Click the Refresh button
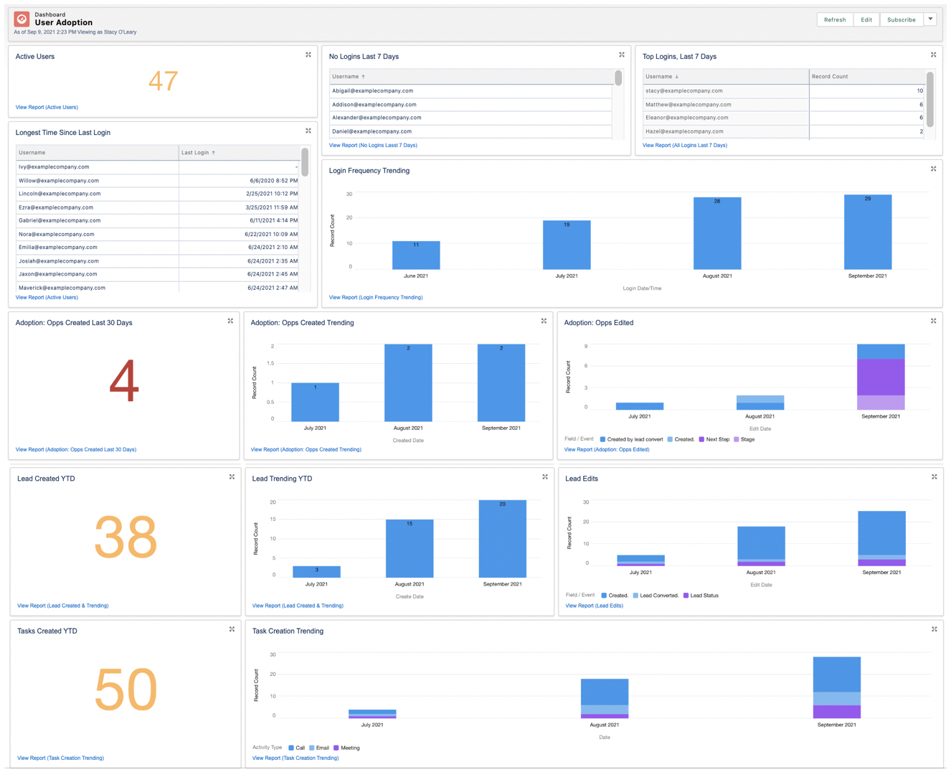834,19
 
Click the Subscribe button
901,19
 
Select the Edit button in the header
866,19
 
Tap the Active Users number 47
163,81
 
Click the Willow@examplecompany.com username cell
59,180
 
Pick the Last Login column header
197,152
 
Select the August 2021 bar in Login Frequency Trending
716,233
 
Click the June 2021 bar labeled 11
416,255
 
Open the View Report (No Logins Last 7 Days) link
373,145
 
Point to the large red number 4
123,381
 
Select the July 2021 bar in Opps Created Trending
315,402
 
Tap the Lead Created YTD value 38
126,537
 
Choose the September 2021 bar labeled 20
502,538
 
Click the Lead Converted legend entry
658,596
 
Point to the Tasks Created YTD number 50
126,690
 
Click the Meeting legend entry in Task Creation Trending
349,748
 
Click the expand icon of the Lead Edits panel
934,476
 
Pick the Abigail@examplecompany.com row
372,91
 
